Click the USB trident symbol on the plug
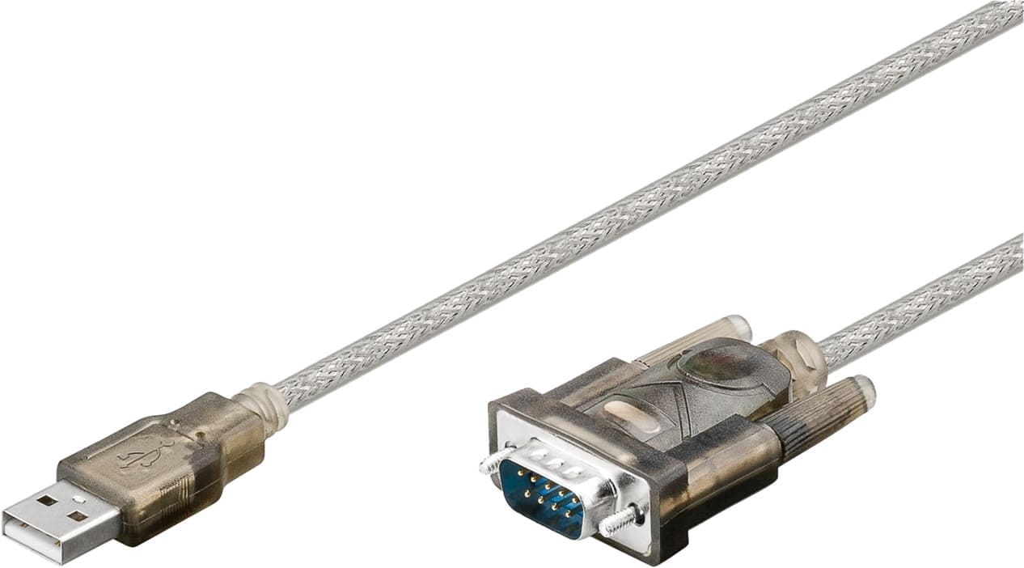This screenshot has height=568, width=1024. (146, 455)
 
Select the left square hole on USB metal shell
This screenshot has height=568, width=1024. (47, 500)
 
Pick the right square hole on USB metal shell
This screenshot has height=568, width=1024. (77, 516)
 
